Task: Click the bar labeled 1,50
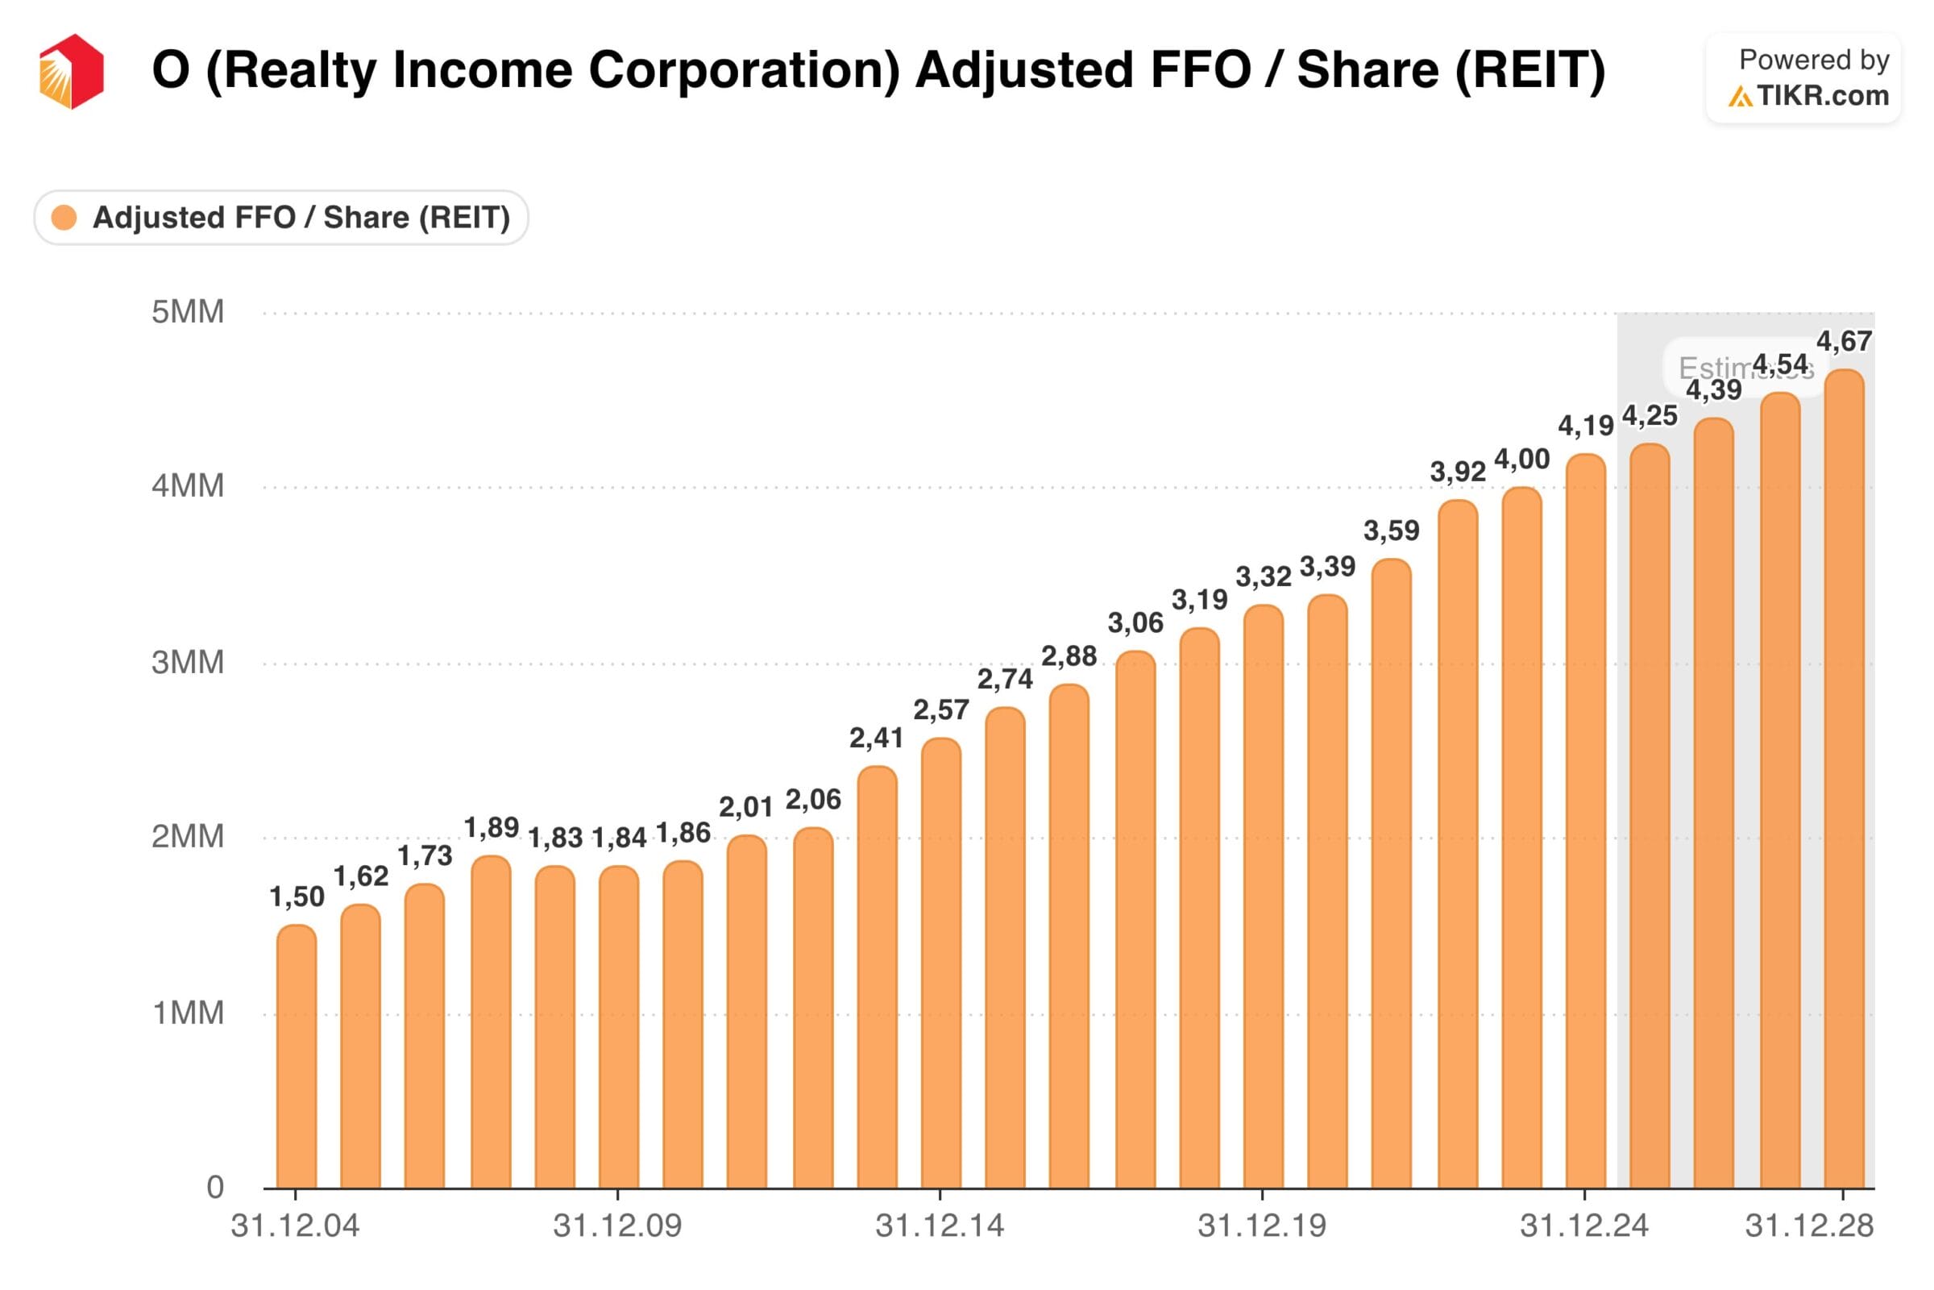coord(296,1057)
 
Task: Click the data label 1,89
coord(491,827)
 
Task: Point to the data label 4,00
coord(1521,459)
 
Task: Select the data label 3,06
coord(1135,622)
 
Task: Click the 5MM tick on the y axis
coord(188,313)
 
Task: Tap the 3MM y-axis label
coord(188,662)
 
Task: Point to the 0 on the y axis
coord(214,1187)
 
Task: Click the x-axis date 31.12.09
coord(616,1225)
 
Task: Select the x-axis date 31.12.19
coord(1261,1225)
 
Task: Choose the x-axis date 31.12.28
coord(1809,1225)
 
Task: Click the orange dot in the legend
coord(64,218)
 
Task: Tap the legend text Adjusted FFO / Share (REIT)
coord(301,218)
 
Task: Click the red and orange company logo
coord(72,72)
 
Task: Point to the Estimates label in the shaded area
coord(1715,368)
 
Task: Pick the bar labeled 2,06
coord(812,1008)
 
